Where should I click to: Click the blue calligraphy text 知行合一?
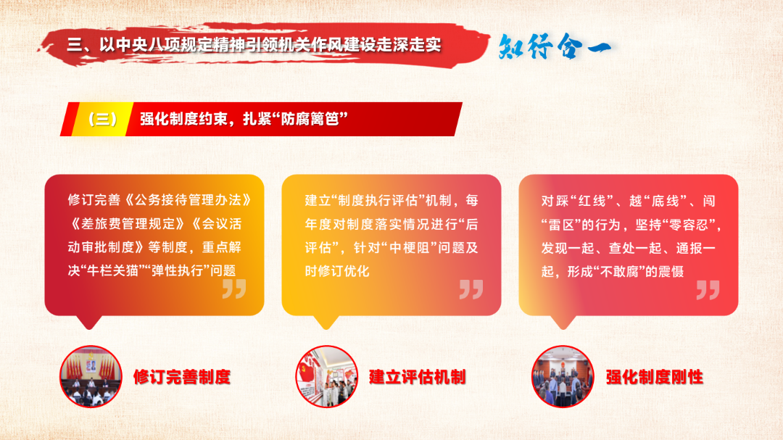pyautogui.click(x=555, y=47)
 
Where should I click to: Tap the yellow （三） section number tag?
pyautogui.click(x=102, y=120)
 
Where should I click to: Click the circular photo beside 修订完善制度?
pyautogui.click(x=91, y=376)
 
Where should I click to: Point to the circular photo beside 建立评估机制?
pyautogui.click(x=326, y=376)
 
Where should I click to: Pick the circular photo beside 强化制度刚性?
pyautogui.click(x=563, y=376)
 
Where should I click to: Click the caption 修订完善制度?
pyautogui.click(x=182, y=377)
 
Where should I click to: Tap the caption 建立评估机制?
pyautogui.click(x=418, y=377)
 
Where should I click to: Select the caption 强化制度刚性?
pyautogui.click(x=654, y=377)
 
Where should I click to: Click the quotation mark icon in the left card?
pyautogui.click(x=234, y=289)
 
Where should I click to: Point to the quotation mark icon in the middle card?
pyautogui.click(x=471, y=289)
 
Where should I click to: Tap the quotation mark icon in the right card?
pyautogui.click(x=708, y=290)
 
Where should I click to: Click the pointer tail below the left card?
pyautogui.click(x=89, y=322)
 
